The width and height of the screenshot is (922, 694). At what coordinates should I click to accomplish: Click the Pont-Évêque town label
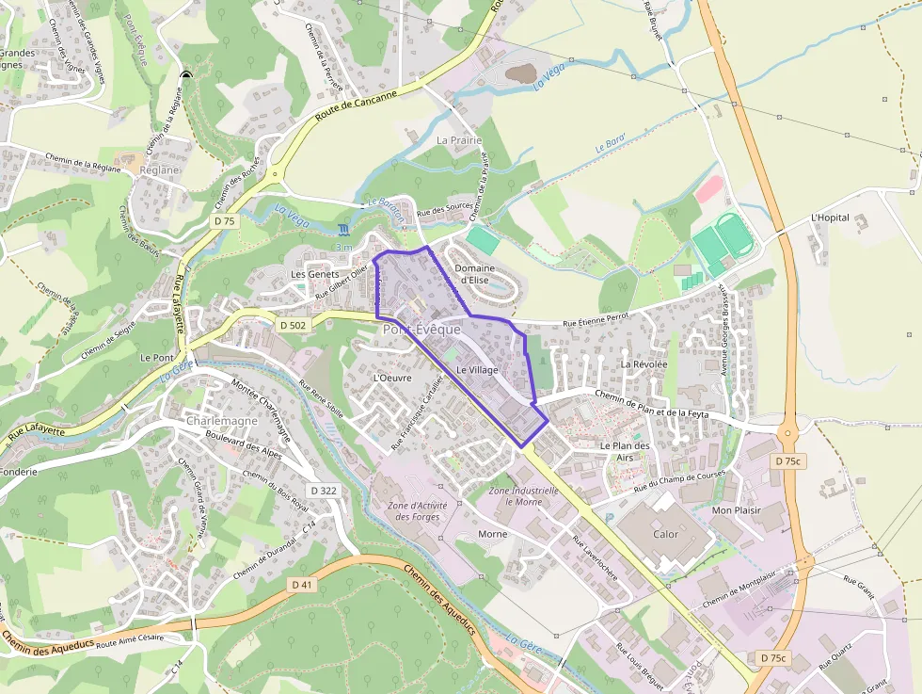click(x=421, y=330)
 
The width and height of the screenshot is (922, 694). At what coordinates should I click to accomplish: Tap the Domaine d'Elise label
click(x=474, y=274)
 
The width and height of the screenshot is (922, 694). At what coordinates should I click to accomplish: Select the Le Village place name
click(x=477, y=370)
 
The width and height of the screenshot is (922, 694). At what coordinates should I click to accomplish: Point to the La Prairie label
click(x=459, y=139)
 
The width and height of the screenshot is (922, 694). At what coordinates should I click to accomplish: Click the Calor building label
click(x=665, y=534)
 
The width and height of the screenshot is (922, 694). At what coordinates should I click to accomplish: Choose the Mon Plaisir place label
click(x=736, y=509)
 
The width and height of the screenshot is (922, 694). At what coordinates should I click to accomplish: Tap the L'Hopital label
click(x=830, y=218)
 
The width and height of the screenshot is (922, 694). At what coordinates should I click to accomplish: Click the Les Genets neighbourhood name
click(x=314, y=274)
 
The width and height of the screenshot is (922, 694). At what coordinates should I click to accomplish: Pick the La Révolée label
click(x=644, y=363)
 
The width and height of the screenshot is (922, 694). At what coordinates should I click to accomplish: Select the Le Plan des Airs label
click(x=625, y=451)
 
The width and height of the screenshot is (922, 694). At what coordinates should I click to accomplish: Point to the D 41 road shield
click(x=301, y=585)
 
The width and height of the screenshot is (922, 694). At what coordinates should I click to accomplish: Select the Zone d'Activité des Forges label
click(x=417, y=510)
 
